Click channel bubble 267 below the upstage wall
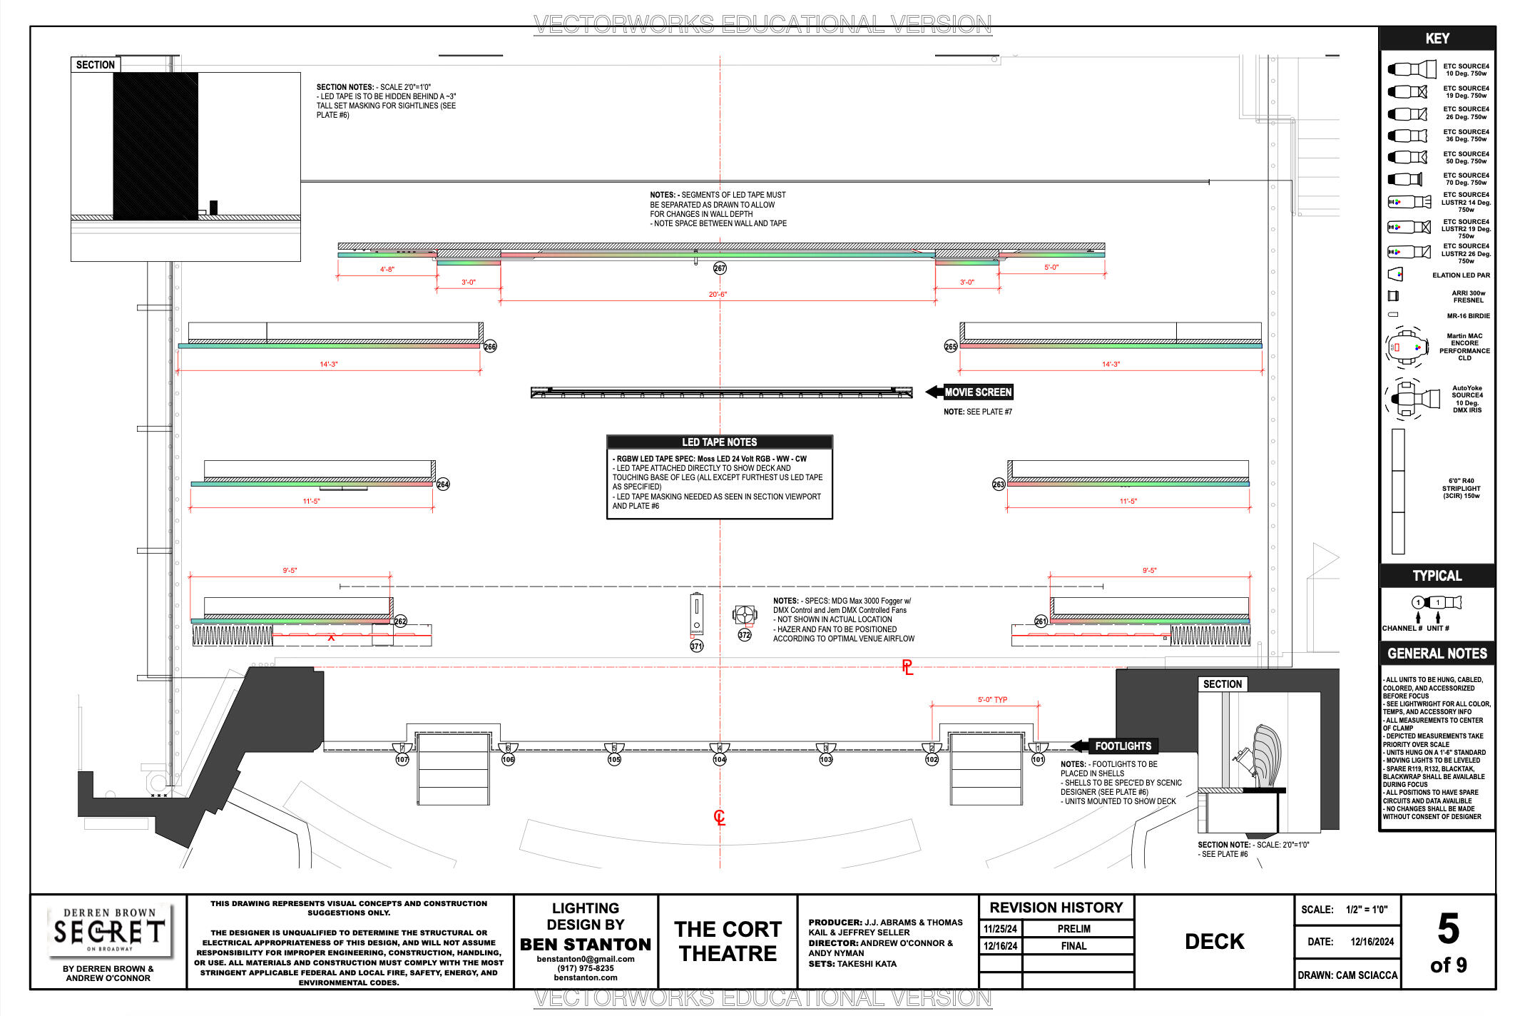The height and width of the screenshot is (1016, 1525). point(720,268)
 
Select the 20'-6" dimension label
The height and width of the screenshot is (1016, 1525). point(718,295)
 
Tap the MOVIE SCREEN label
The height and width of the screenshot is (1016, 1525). point(978,392)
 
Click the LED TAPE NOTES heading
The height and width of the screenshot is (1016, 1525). point(719,442)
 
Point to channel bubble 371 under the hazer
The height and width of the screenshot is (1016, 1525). point(696,646)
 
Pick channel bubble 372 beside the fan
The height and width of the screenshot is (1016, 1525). point(745,635)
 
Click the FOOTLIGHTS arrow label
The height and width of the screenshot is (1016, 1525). point(1123,746)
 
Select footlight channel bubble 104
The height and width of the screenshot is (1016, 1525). point(720,760)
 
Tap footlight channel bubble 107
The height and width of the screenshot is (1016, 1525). point(402,760)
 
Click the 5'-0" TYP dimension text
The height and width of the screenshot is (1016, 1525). point(992,700)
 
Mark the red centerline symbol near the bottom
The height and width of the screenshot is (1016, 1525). point(720,818)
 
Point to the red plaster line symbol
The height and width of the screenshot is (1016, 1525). point(907,668)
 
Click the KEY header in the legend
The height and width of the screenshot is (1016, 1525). point(1437,39)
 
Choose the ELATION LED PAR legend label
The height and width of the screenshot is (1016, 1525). point(1461,275)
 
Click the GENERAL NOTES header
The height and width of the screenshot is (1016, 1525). point(1437,654)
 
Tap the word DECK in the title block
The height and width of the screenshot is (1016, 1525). point(1214,942)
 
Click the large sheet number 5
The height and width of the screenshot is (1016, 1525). point(1448,929)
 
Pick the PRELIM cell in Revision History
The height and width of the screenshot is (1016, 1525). point(1073,929)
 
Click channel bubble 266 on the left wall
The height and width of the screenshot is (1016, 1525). point(490,347)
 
